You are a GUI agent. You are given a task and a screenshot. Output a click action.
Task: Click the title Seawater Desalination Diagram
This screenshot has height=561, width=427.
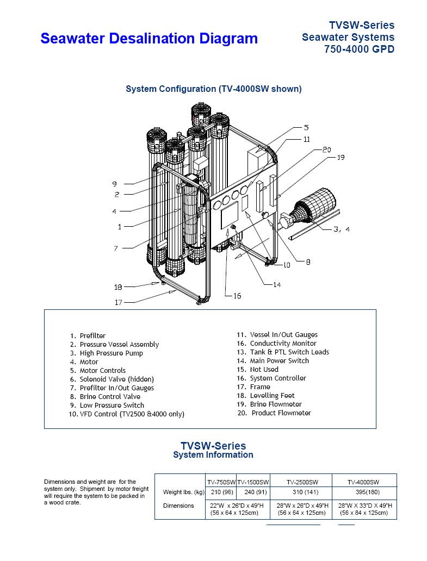click(x=149, y=38)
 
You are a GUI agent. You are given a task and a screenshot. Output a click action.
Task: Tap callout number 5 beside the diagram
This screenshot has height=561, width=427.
click(x=306, y=128)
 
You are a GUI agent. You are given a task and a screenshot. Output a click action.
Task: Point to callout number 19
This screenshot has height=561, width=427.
click(x=341, y=157)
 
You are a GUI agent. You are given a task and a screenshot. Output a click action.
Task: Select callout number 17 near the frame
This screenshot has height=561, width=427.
click(x=119, y=302)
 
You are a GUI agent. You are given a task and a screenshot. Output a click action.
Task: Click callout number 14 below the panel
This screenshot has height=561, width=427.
click(x=277, y=285)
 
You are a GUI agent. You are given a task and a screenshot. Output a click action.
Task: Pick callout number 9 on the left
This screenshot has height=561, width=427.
click(x=115, y=184)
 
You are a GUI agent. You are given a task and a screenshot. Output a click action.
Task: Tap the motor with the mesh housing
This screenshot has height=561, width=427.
click(x=314, y=207)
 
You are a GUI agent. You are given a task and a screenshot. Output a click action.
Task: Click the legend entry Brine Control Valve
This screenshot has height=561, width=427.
click(x=110, y=396)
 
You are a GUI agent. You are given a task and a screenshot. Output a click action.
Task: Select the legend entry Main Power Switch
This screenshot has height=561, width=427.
click(x=279, y=360)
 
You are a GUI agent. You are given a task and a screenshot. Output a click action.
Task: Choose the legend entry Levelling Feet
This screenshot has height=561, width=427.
click(x=272, y=395)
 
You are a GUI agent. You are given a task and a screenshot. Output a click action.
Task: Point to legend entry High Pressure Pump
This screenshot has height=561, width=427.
click(x=112, y=353)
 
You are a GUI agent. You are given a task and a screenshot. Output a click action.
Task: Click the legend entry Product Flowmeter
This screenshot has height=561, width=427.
click(x=281, y=413)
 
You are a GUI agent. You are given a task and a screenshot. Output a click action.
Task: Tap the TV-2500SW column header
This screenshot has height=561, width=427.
click(x=302, y=482)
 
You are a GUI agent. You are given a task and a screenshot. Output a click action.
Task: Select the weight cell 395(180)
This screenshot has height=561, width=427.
click(x=368, y=492)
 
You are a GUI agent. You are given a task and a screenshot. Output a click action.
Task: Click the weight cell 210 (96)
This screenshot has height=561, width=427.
click(x=222, y=492)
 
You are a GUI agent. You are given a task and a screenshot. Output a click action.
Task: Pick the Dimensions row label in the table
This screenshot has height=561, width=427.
click(x=178, y=506)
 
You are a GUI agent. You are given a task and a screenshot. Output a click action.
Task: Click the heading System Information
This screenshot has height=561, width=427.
click(x=213, y=455)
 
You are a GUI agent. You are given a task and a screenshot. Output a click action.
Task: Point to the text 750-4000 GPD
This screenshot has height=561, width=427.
click(x=359, y=49)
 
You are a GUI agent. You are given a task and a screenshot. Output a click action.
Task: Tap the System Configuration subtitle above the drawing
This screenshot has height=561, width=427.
click(x=213, y=89)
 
